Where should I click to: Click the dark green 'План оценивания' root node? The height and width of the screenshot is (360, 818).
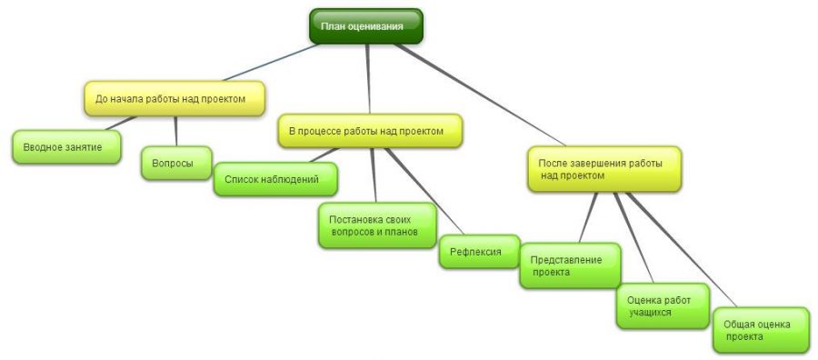(365, 26)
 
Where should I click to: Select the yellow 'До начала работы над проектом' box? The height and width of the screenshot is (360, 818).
(175, 98)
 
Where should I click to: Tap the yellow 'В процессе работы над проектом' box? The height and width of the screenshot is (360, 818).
(370, 131)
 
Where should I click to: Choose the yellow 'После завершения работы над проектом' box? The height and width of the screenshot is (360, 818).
(604, 169)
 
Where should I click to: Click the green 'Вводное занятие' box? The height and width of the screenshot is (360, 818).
(66, 147)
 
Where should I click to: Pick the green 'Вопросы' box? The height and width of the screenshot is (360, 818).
(177, 164)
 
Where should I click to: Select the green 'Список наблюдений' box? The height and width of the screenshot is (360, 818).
(275, 179)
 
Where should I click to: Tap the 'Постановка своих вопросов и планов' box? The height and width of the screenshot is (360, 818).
(378, 225)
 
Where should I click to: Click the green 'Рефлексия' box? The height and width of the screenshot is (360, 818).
(479, 252)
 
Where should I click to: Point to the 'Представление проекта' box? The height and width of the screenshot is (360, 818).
(570, 265)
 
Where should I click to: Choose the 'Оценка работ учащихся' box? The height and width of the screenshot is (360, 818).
(663, 306)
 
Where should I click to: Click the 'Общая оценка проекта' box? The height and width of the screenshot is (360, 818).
(761, 330)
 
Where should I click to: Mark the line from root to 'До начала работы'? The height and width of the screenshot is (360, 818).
(271, 62)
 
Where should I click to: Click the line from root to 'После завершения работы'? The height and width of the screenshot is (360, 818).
(480, 95)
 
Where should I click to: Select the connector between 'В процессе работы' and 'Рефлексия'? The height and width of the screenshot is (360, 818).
(424, 191)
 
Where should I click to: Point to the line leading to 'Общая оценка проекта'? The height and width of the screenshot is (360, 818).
(682, 249)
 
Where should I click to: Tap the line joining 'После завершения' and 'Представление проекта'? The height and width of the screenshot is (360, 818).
(588, 217)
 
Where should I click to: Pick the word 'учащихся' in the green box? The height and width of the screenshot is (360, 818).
(650, 313)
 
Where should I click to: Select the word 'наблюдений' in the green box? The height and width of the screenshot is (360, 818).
(294, 179)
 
